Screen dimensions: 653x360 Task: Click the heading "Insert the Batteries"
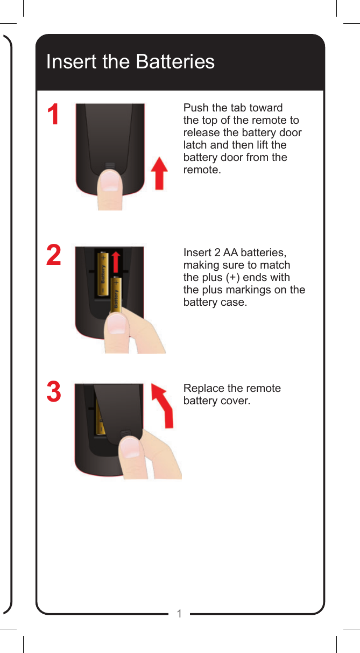pos(130,62)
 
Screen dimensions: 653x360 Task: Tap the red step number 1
pos(53,115)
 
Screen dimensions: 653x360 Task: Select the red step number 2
pos(53,255)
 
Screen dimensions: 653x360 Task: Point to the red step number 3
pos(53,392)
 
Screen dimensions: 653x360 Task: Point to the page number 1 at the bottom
pos(180,614)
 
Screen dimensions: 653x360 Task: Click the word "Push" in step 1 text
pos(195,108)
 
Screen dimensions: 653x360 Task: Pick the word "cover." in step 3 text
pos(233,401)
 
